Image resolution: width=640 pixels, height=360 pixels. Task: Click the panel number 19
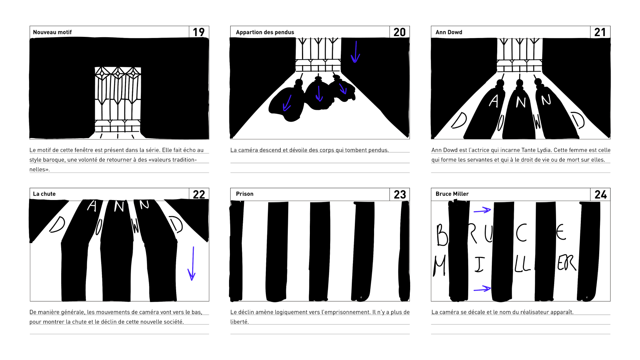(x=198, y=32)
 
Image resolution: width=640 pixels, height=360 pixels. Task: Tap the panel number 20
(x=400, y=32)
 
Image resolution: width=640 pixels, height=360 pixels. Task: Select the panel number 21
(x=600, y=32)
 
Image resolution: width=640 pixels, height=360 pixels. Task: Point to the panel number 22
(x=199, y=195)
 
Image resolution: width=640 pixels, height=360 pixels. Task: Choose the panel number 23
(x=400, y=195)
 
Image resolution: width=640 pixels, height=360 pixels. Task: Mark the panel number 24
(x=600, y=195)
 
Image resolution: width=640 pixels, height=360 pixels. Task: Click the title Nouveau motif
(x=52, y=32)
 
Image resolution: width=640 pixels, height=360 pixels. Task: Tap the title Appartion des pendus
(x=265, y=32)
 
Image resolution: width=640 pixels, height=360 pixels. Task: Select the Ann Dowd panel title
(x=449, y=32)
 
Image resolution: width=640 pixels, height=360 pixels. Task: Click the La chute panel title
(x=44, y=194)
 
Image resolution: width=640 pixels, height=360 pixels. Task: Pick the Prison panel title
(x=245, y=194)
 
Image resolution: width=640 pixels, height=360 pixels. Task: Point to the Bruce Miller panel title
(x=452, y=194)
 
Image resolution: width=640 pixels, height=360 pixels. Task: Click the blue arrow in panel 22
(x=192, y=264)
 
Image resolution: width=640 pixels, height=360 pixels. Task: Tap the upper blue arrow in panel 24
(x=482, y=211)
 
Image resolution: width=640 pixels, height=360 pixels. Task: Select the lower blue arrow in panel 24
(x=482, y=289)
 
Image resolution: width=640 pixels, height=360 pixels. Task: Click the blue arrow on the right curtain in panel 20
(x=355, y=52)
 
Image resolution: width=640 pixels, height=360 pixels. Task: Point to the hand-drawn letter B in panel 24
(x=442, y=235)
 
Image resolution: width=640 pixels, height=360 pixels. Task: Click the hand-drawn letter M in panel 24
(x=440, y=265)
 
